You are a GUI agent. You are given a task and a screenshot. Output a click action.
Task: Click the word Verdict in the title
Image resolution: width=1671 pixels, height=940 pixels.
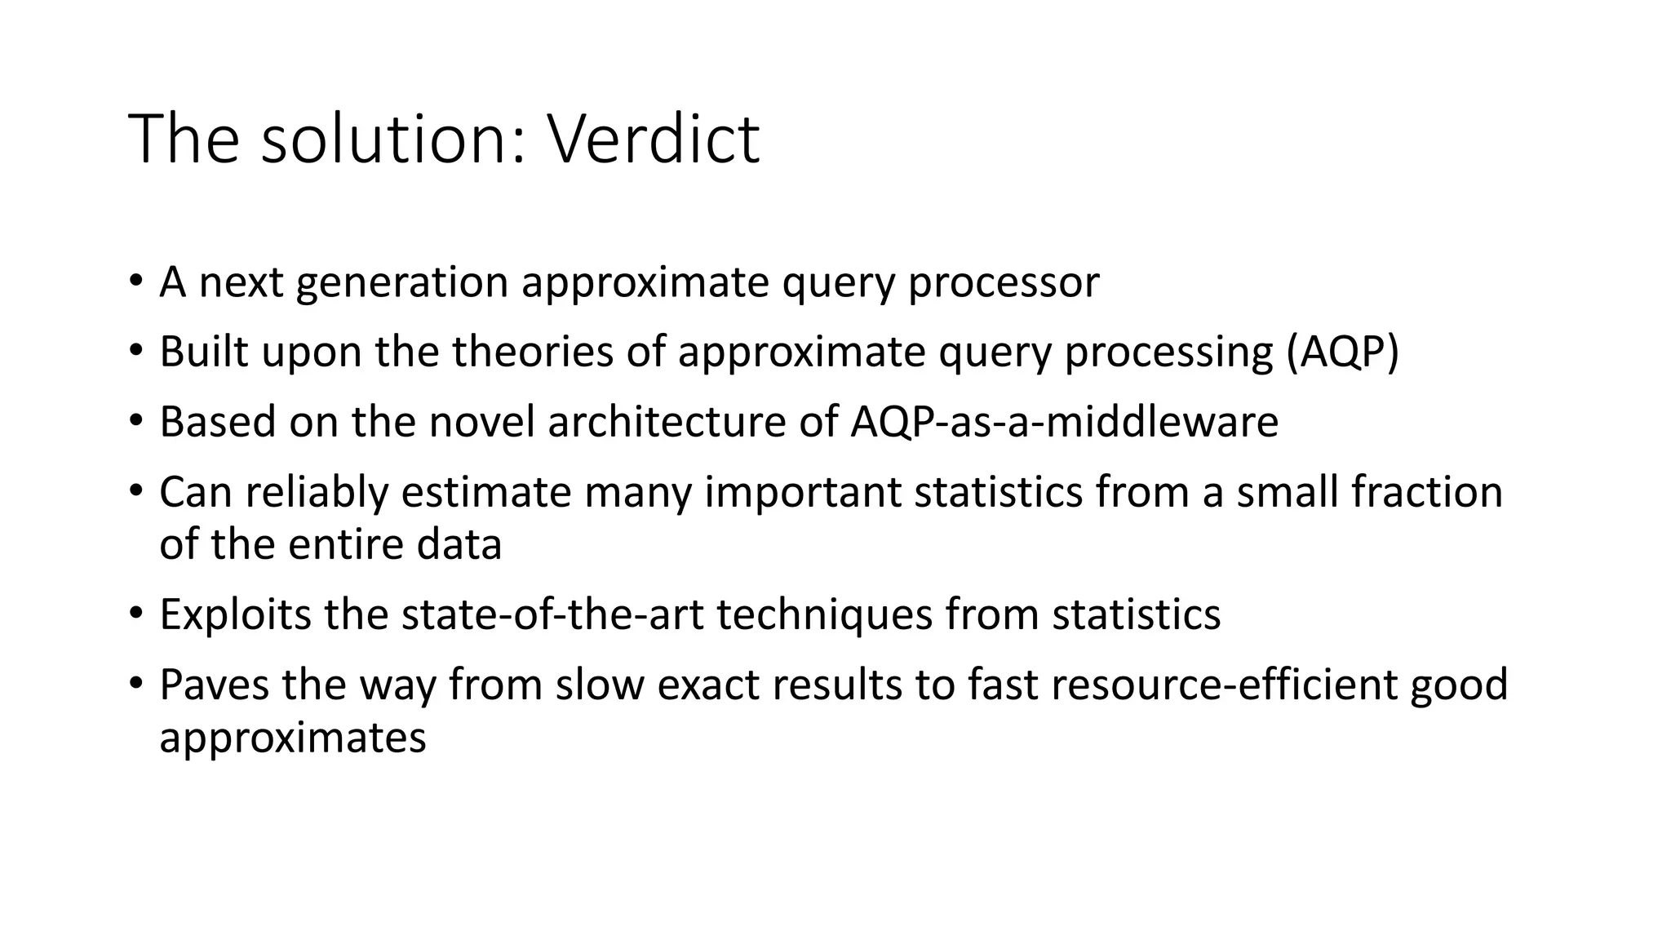tap(653, 139)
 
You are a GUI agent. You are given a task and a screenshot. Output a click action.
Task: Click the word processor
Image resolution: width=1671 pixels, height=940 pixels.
tap(1004, 282)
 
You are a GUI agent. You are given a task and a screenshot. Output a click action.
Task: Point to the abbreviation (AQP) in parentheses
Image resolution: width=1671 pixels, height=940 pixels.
tap(1342, 352)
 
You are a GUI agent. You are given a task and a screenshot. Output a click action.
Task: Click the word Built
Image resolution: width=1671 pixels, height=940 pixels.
tap(204, 352)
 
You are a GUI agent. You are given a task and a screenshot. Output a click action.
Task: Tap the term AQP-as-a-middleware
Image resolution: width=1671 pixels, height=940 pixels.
tap(1064, 423)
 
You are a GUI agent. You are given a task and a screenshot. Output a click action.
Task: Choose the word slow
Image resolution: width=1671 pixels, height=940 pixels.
tap(600, 685)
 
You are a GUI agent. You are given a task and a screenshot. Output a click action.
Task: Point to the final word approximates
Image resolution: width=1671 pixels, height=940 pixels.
tap(292, 738)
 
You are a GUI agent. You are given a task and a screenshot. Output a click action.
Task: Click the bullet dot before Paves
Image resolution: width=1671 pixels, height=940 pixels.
tap(135, 682)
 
